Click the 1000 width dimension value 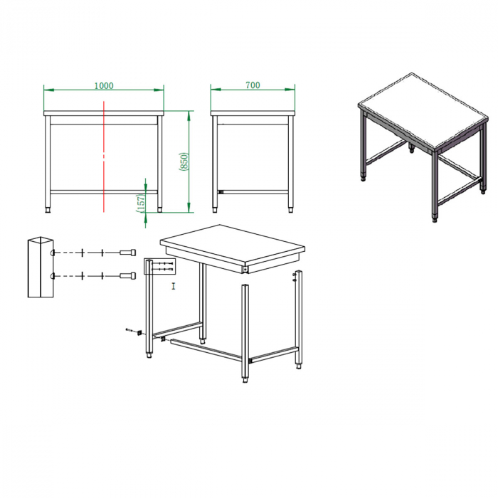point(104,86)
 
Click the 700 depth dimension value point(253,85)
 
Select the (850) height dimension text point(184,161)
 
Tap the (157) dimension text point(141,203)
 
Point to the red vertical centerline point(104,157)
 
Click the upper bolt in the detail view point(127,253)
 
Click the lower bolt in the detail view point(127,275)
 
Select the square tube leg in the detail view point(41,267)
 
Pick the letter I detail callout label point(174,286)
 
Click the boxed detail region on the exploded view point(160,266)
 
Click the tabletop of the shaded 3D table point(423,110)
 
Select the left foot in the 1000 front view point(48,210)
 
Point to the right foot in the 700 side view point(290,210)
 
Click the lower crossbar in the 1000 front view point(104,192)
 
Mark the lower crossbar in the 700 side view point(253,192)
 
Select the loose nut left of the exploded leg point(139,332)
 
